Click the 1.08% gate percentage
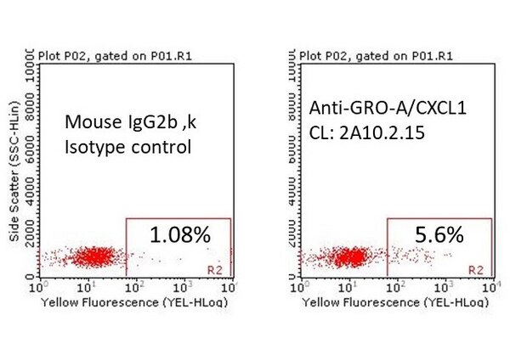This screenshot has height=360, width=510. click(179, 235)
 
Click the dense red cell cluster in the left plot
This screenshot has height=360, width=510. click(96, 255)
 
